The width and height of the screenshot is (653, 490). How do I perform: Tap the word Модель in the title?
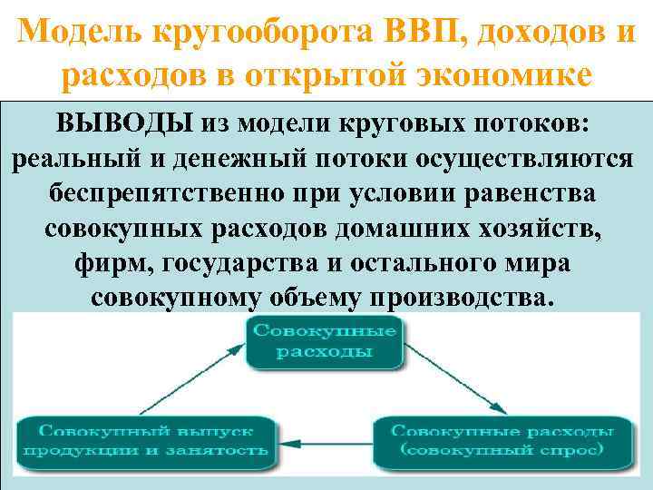pos(80,33)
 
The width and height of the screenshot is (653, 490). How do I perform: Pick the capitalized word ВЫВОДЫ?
pos(133,122)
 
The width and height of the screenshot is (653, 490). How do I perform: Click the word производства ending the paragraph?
pos(461,299)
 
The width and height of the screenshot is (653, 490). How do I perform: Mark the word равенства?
pos(524,193)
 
